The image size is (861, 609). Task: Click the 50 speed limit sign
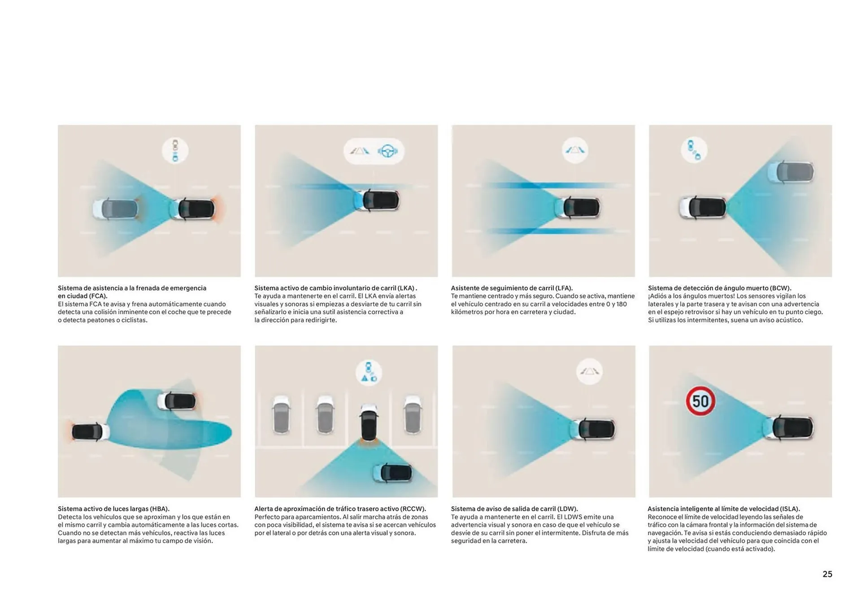pyautogui.click(x=700, y=401)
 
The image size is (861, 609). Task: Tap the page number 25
pyautogui.click(x=827, y=574)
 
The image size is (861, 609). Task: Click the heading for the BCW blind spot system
pyautogui.click(x=720, y=288)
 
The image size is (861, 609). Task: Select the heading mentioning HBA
pyautogui.click(x=113, y=509)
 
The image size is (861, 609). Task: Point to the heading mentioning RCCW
pyautogui.click(x=340, y=509)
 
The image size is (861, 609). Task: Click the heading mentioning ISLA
pyautogui.click(x=724, y=509)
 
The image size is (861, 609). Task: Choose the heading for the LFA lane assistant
pyautogui.click(x=512, y=288)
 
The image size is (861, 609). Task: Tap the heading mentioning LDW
pyautogui.click(x=514, y=509)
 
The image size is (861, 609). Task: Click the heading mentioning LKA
pyautogui.click(x=335, y=288)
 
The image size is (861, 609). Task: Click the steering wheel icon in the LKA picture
pyautogui.click(x=387, y=151)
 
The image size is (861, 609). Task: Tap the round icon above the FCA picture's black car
pyautogui.click(x=175, y=150)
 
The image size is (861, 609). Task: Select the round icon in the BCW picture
pyautogui.click(x=694, y=150)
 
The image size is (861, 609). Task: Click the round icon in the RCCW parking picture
pyautogui.click(x=369, y=373)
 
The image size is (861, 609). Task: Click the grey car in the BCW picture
pyautogui.click(x=790, y=172)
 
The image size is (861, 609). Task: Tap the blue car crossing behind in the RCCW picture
pyautogui.click(x=392, y=473)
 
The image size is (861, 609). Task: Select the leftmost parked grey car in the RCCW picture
pyautogui.click(x=281, y=414)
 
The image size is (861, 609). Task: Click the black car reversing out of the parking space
pyautogui.click(x=368, y=422)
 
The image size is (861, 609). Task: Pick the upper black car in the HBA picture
pyautogui.click(x=177, y=401)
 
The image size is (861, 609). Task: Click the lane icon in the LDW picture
pyautogui.click(x=589, y=371)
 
